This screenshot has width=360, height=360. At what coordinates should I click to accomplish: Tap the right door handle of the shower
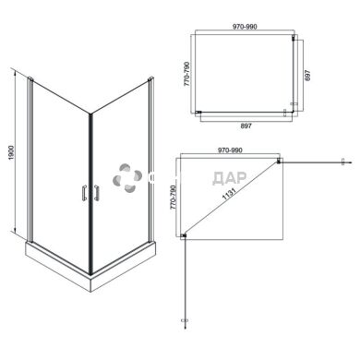pos(94,193)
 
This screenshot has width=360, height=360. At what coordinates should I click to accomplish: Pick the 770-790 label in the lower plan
pos(172,197)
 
